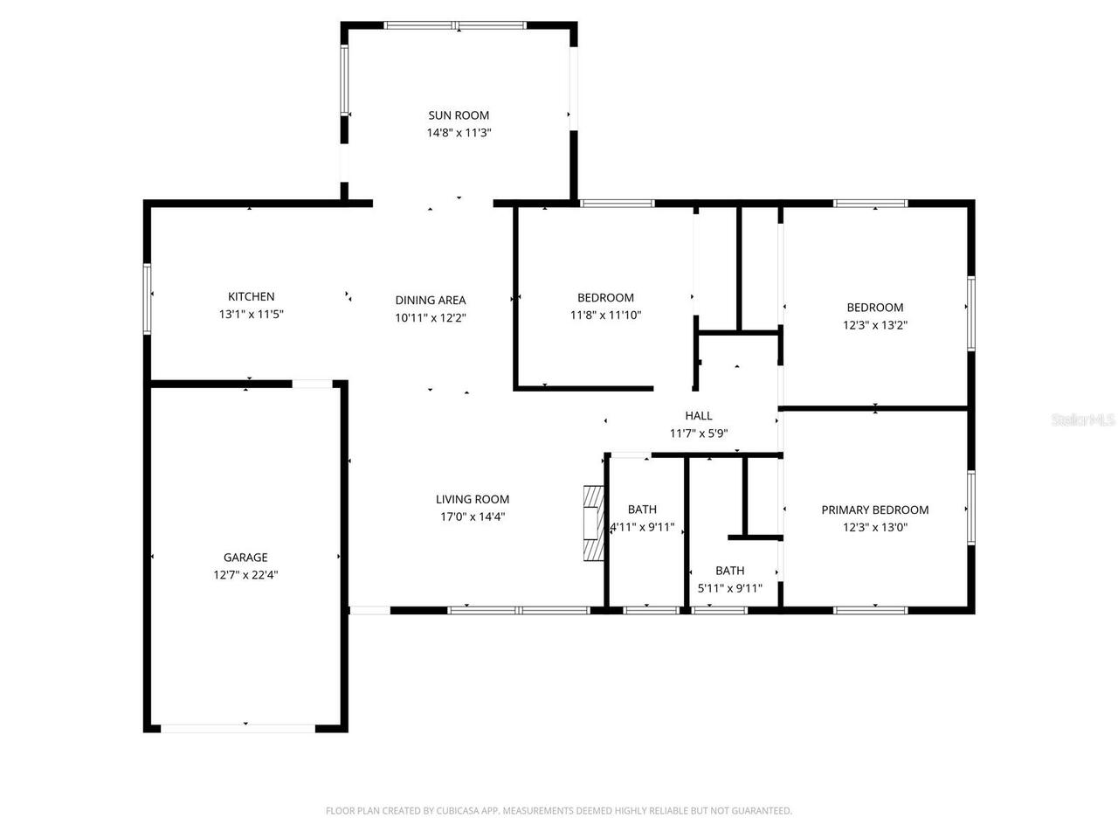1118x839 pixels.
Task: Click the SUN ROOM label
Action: [459, 115]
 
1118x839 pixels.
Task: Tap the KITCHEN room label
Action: [251, 296]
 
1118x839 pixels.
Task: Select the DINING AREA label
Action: [431, 301]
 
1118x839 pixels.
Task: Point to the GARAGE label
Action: [245, 558]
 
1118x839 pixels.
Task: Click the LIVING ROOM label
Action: [473, 499]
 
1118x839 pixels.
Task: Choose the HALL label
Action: [698, 416]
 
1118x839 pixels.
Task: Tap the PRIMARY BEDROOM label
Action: [874, 510]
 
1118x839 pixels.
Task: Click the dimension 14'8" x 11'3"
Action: [459, 133]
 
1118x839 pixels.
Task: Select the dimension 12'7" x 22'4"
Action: [245, 575]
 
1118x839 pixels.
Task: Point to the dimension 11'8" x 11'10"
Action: [605, 315]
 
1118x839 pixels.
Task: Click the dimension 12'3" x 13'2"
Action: [874, 325]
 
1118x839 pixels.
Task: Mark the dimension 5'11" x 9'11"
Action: [729, 588]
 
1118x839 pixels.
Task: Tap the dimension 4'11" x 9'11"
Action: [642, 527]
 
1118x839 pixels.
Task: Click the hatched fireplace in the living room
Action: [594, 524]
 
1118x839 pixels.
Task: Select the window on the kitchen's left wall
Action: [148, 299]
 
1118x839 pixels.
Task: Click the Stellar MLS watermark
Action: [1083, 419]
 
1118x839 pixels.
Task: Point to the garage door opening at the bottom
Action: [238, 729]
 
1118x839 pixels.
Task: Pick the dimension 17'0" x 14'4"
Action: [473, 517]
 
